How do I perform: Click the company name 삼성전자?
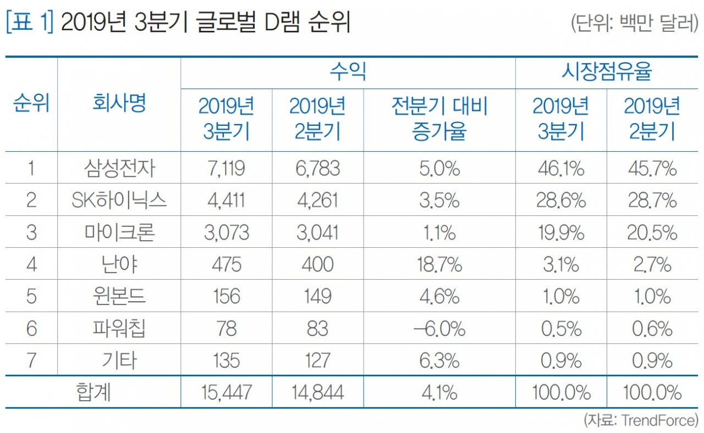tap(119, 169)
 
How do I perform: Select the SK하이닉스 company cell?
tap(119, 201)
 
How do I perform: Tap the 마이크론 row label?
tap(119, 232)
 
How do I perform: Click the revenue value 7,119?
tap(226, 169)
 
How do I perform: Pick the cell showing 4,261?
tap(317, 201)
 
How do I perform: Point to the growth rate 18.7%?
tap(439, 265)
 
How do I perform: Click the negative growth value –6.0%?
tap(439, 329)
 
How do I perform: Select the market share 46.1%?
tap(560, 169)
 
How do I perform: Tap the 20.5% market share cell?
tap(652, 232)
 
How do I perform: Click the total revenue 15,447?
tap(226, 392)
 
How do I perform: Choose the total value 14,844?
tap(317, 392)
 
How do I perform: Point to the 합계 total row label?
tap(92, 392)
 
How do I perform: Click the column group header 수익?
tap(348, 72)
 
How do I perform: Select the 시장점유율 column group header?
tap(606, 72)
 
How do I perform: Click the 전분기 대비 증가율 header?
tap(439, 119)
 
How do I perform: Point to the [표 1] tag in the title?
tap(30, 25)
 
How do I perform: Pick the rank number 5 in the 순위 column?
tap(31, 297)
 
